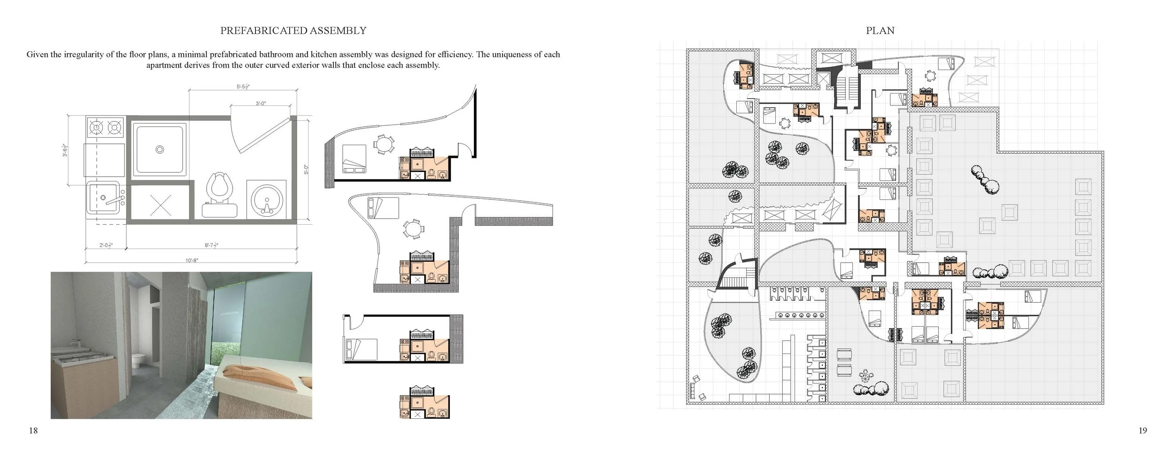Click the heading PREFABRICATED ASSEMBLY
coord(293,31)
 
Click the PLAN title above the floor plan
coord(880,31)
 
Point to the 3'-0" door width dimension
coord(262,103)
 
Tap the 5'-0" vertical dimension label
coord(306,169)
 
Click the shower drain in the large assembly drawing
coord(160,149)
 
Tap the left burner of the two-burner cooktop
coord(97,127)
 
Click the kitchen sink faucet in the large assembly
coord(113,201)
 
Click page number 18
coord(33,431)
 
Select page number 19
coord(1143,431)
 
